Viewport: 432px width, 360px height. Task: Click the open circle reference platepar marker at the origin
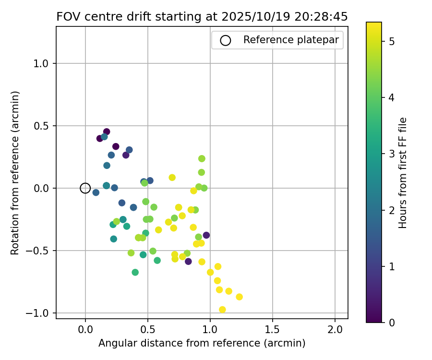pyautogui.click(x=85, y=188)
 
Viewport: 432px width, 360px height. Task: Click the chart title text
pyautogui.click(x=202, y=17)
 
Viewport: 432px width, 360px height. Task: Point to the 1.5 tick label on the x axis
pyautogui.click(x=272, y=330)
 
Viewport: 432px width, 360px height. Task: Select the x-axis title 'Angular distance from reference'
pyautogui.click(x=202, y=343)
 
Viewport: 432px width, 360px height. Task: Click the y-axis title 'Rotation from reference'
pyautogui.click(x=15, y=173)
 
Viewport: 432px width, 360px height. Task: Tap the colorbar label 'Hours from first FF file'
pyautogui.click(x=403, y=173)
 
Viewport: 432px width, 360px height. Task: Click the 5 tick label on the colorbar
pyautogui.click(x=391, y=42)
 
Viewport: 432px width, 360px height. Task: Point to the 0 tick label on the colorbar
pyautogui.click(x=391, y=322)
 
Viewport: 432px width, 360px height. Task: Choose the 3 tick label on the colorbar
pyautogui.click(x=391, y=154)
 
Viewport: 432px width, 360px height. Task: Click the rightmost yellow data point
pyautogui.click(x=239, y=297)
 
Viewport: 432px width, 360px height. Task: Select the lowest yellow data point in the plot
pyautogui.click(x=222, y=310)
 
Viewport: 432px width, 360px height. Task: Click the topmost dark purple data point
pyautogui.click(x=107, y=132)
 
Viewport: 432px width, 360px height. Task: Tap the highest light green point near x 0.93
pyautogui.click(x=202, y=158)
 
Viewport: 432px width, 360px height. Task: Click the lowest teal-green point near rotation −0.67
pyautogui.click(x=135, y=272)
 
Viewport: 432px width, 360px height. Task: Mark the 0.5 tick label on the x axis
pyautogui.click(x=147, y=330)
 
